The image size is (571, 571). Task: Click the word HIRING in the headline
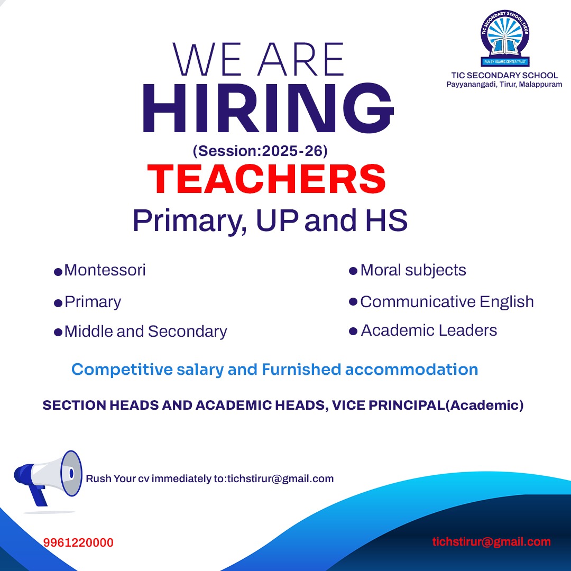(x=268, y=108)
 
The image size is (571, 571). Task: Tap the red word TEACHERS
(x=266, y=179)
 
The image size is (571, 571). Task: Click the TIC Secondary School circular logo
(x=505, y=38)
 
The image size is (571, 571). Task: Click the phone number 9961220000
(x=78, y=542)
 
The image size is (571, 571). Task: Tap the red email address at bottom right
(x=491, y=542)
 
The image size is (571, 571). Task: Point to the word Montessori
(x=105, y=270)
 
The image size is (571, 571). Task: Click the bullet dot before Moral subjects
(x=353, y=271)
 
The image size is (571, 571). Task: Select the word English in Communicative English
(x=506, y=302)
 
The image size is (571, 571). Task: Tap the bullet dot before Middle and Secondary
(x=58, y=333)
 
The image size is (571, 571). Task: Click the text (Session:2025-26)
(x=260, y=151)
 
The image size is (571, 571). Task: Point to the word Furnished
(x=301, y=369)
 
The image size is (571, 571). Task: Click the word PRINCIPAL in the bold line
(x=407, y=406)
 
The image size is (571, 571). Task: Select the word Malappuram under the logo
(x=540, y=85)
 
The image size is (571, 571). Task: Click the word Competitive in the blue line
(x=122, y=370)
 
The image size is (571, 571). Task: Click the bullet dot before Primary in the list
(x=58, y=303)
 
